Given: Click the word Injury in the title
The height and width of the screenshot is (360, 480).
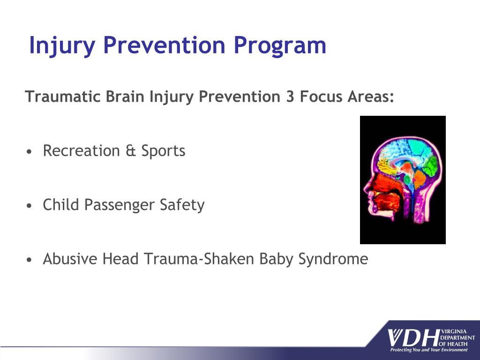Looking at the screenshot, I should (x=62, y=45).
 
